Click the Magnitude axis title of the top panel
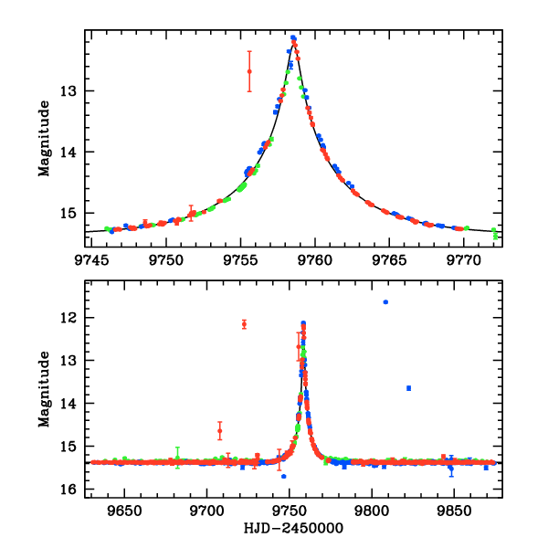point(43,137)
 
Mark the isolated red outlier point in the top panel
point(249,71)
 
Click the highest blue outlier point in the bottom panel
point(385,301)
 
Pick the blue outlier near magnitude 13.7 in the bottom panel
point(408,388)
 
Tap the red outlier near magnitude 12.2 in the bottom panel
point(244,324)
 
